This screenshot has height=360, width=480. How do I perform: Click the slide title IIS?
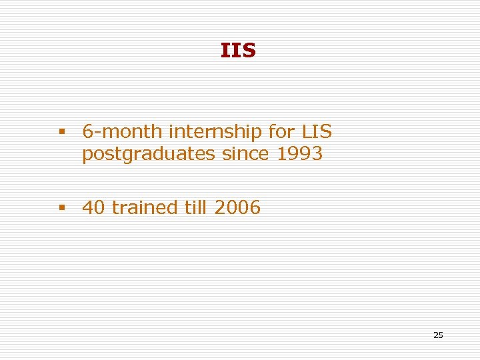tap(238, 51)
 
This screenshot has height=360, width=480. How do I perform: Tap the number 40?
tap(94, 208)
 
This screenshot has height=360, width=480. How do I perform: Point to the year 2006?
tap(237, 208)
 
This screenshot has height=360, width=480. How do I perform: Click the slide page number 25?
tap(438, 335)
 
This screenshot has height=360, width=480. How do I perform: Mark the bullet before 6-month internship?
tap(62, 132)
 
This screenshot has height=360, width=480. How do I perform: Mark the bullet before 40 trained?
tap(62, 208)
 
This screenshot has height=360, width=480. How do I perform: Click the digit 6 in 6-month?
tap(87, 131)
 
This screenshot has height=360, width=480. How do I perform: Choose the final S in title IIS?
tap(248, 51)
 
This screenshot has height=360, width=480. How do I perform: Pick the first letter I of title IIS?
tap(224, 51)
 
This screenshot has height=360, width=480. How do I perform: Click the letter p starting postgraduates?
tap(87, 155)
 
